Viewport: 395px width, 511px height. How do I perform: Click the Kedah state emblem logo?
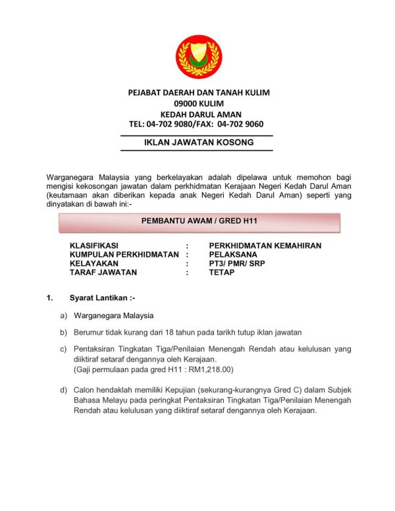coord(197,57)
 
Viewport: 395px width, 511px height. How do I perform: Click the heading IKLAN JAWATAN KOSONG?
coord(198,142)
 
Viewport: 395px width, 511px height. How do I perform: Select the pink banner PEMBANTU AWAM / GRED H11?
coord(198,222)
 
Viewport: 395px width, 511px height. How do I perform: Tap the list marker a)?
coord(64,315)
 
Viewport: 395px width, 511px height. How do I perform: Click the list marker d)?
coord(64,390)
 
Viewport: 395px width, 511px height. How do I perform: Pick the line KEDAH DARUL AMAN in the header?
coord(198,113)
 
